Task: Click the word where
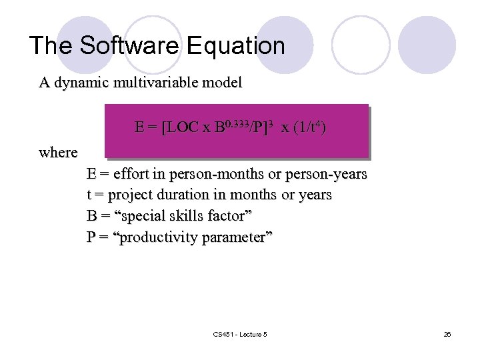pyautogui.click(x=58, y=153)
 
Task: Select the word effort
pyautogui.click(x=131, y=175)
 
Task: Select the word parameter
pyautogui.click(x=237, y=238)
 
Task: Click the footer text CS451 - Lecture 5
pyautogui.click(x=239, y=334)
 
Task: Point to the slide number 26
pyautogui.click(x=447, y=334)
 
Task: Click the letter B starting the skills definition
pyautogui.click(x=91, y=217)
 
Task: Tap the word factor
pyautogui.click(x=231, y=217)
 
